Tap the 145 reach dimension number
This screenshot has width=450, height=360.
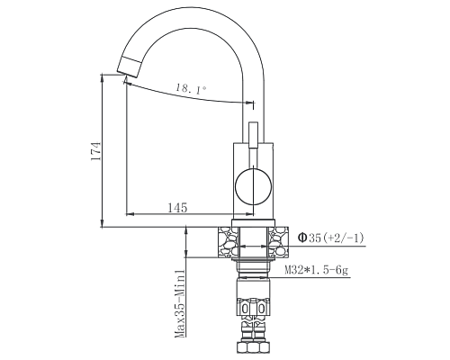[x=177, y=208]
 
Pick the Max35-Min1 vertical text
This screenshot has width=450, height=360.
[x=180, y=301]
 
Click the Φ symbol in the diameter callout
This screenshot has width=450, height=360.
[x=302, y=238]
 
